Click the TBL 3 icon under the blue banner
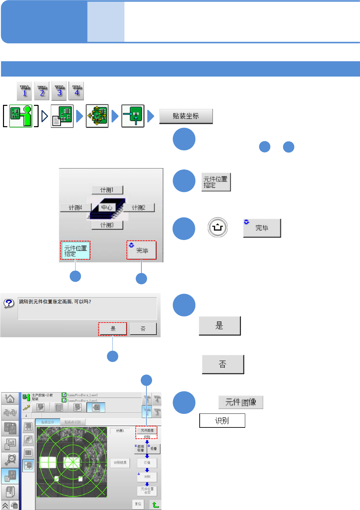[x=59, y=91]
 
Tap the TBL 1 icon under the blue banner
[x=25, y=91]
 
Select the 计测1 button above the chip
[x=107, y=190]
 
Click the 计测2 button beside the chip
[x=139, y=208]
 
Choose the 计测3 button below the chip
[x=107, y=225]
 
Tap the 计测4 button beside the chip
[x=76, y=208]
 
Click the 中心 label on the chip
[x=107, y=207]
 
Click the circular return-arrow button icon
[x=218, y=228]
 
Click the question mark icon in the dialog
[x=9, y=303]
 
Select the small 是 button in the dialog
[x=113, y=329]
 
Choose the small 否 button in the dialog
[x=143, y=329]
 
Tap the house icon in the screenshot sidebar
[x=10, y=398]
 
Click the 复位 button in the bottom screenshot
[x=138, y=504]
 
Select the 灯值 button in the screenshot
[x=147, y=463]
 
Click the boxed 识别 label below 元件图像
[x=222, y=421]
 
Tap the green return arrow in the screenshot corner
[x=155, y=504]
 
